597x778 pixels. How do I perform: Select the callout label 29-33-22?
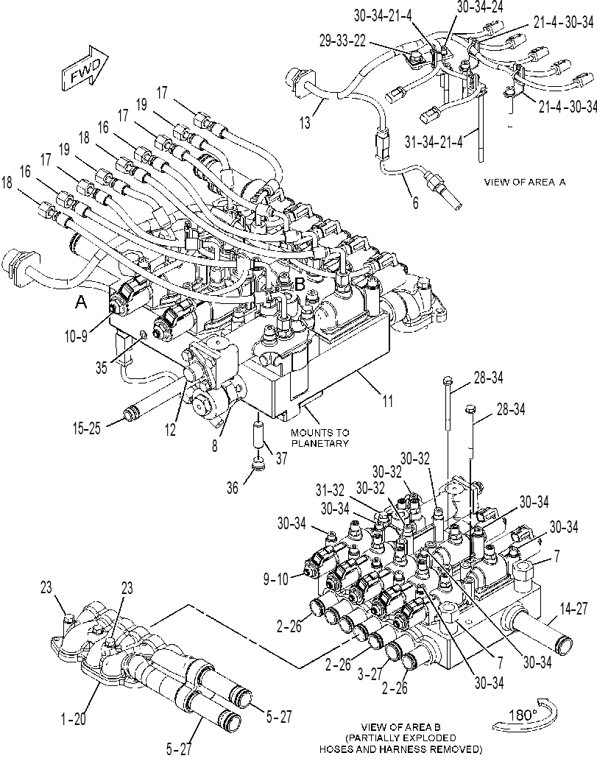click(342, 41)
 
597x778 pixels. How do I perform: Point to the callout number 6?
click(415, 202)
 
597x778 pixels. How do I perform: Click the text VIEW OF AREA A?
click(525, 182)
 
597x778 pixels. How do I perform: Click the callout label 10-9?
click(75, 336)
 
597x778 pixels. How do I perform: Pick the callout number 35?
click(102, 368)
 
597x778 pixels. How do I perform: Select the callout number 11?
click(387, 400)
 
